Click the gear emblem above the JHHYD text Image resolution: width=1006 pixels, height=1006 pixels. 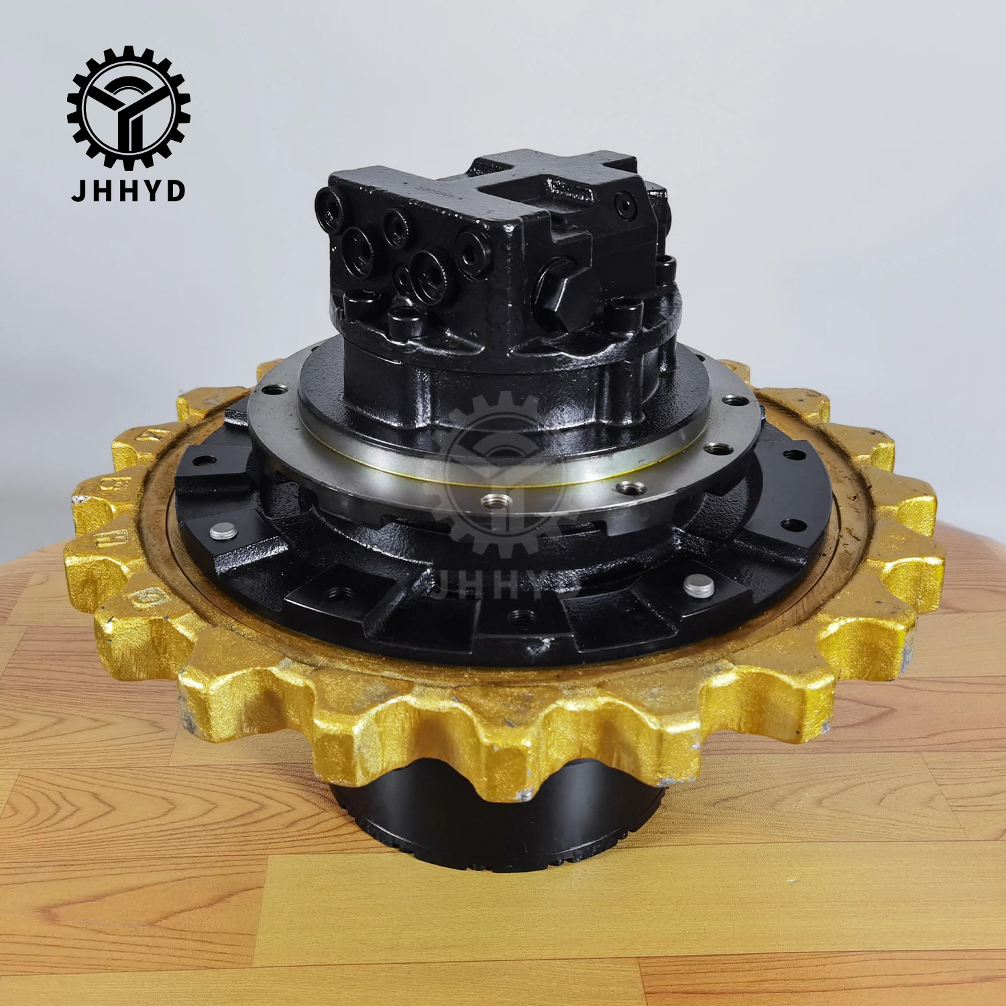[128, 107]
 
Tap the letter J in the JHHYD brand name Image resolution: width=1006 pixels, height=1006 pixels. [80, 190]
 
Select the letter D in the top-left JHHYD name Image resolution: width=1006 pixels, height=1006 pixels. [176, 190]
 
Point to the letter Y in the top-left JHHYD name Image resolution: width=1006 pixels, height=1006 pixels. [152, 190]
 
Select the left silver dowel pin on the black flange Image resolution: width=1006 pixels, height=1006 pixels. [223, 531]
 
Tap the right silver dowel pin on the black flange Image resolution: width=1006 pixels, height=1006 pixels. [699, 586]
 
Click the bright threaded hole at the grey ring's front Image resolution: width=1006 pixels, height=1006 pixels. [496, 500]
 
